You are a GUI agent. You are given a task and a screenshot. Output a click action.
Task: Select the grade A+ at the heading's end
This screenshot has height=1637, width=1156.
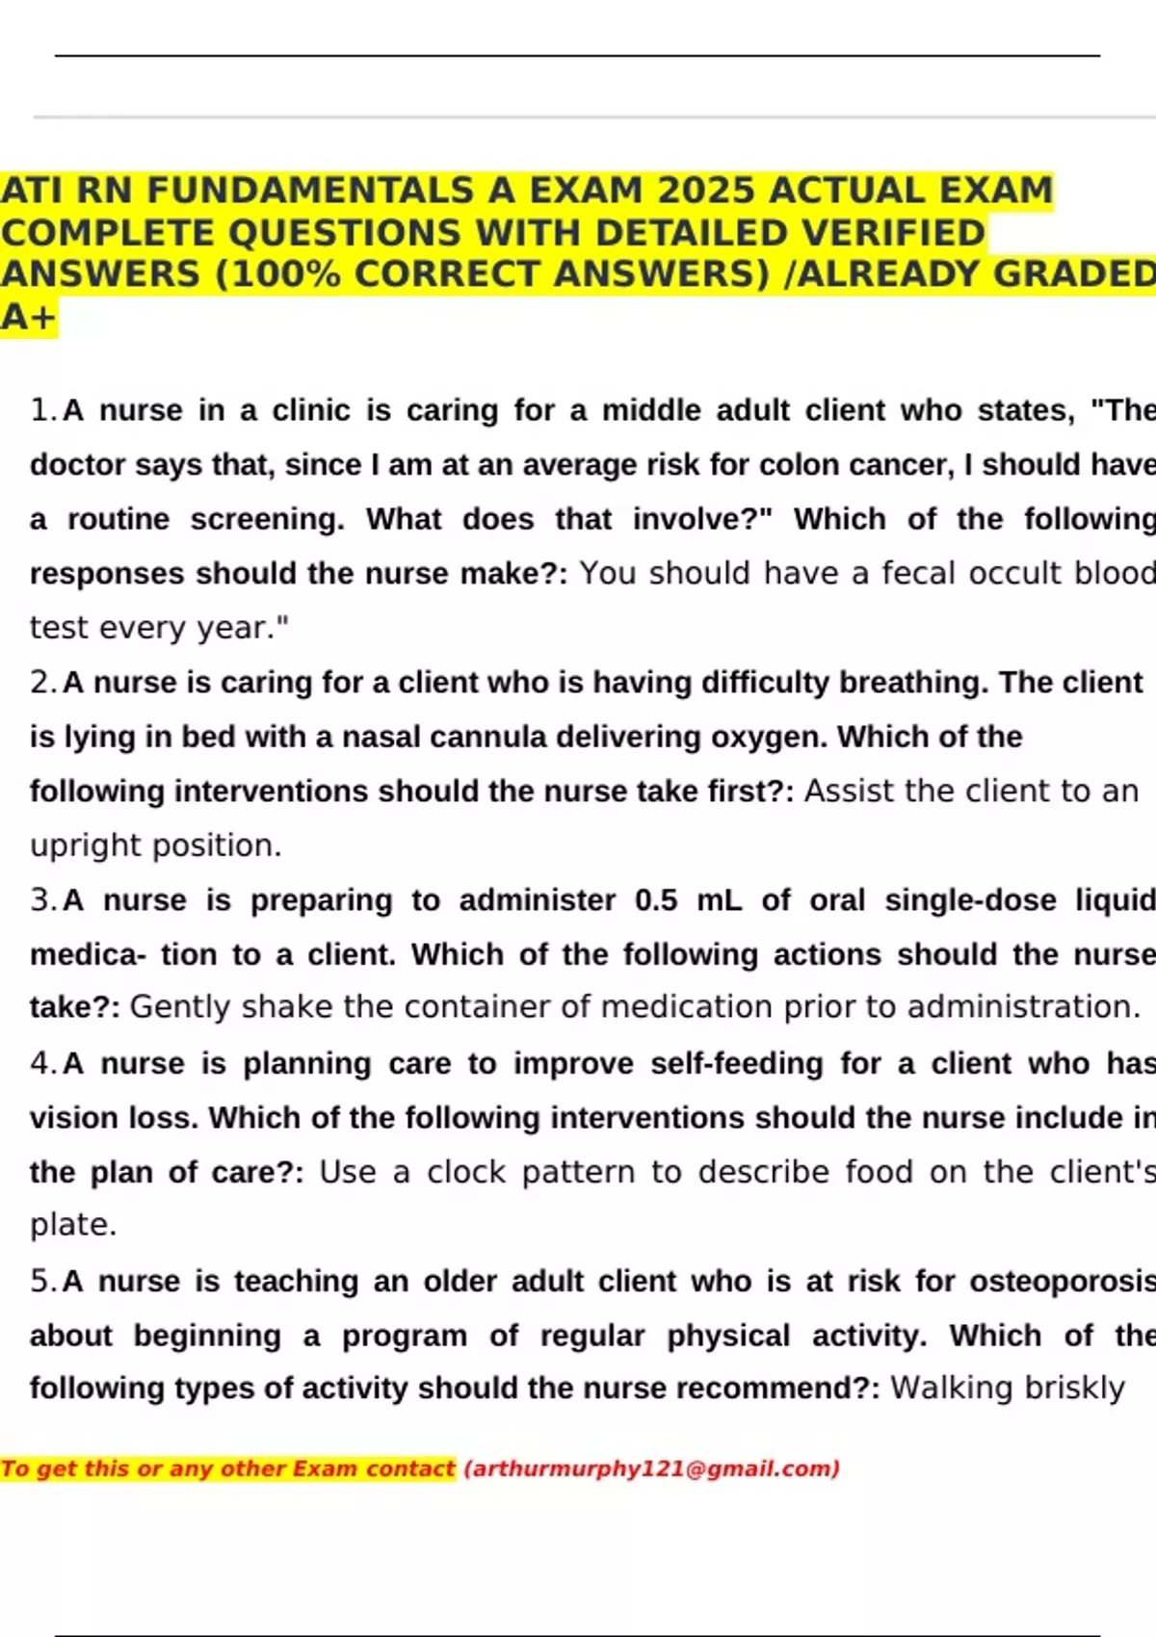[x=29, y=317]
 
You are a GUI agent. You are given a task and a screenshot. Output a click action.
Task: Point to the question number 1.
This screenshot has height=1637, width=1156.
[x=43, y=411]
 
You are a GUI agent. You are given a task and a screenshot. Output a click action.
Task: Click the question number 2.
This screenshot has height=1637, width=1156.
[x=43, y=683]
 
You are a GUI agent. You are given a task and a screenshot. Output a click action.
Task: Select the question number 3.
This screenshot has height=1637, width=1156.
[x=43, y=900]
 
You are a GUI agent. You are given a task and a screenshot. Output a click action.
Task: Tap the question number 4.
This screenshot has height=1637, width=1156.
[x=43, y=1064]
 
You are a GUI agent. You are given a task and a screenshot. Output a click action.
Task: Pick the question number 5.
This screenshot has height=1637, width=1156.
[x=43, y=1282]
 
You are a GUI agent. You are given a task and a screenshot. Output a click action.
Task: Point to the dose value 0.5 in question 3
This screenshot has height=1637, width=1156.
[x=656, y=900]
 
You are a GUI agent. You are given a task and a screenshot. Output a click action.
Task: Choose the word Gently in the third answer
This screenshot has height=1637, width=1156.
[x=180, y=1007]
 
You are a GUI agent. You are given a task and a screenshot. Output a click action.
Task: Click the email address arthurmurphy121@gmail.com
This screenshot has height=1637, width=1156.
[x=652, y=1468]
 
